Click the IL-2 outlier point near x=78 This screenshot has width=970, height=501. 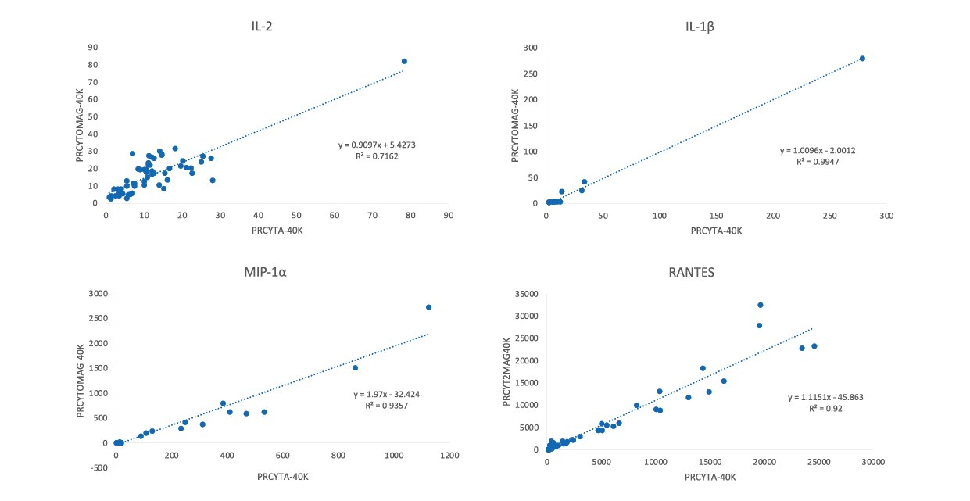click(404, 61)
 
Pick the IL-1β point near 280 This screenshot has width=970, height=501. click(862, 59)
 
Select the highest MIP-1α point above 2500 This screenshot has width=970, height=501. click(428, 307)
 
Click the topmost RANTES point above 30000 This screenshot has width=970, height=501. click(760, 305)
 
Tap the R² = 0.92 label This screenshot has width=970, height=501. click(825, 408)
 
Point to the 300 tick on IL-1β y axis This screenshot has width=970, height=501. click(530, 48)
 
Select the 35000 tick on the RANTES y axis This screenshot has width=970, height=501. click(526, 294)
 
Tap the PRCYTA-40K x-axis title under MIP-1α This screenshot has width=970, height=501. click(283, 478)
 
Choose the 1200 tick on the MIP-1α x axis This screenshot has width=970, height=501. click(449, 455)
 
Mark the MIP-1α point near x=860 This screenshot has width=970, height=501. click(355, 367)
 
